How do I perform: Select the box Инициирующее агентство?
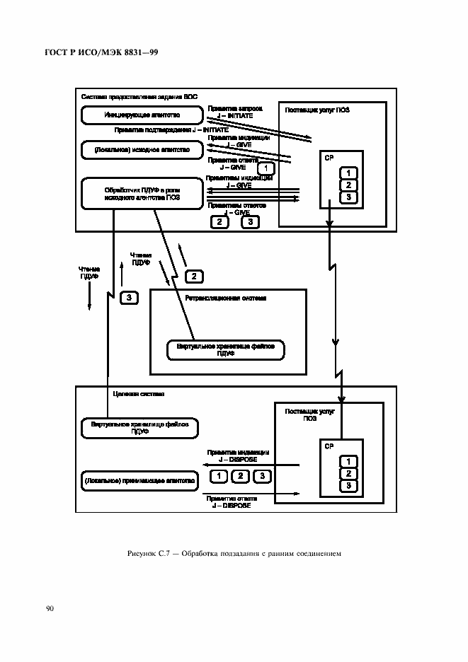(x=142, y=114)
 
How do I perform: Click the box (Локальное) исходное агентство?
(x=142, y=149)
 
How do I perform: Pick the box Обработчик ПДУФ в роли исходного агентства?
(x=142, y=194)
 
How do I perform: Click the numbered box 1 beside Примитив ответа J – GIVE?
(x=265, y=168)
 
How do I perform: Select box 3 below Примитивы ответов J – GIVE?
(x=250, y=222)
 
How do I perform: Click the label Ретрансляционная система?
(x=225, y=298)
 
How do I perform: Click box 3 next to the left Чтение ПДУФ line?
(x=129, y=297)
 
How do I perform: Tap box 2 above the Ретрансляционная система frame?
(x=194, y=275)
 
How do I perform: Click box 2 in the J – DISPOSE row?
(x=241, y=475)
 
